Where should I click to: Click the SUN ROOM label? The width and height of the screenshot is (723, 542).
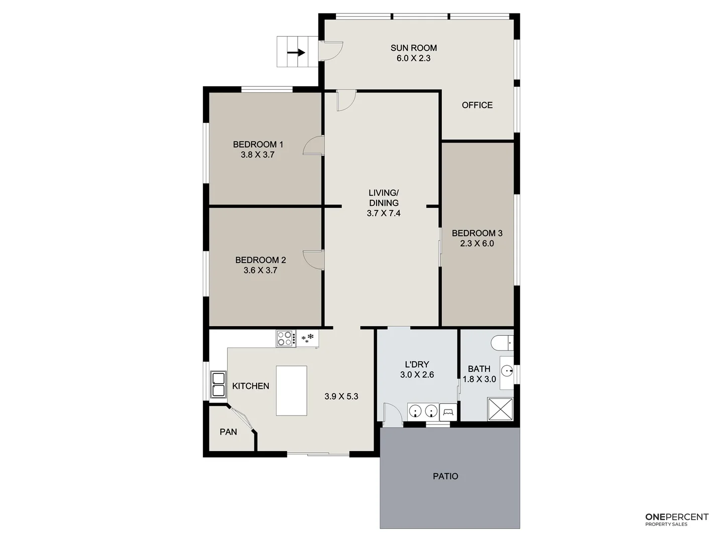pyautogui.click(x=413, y=48)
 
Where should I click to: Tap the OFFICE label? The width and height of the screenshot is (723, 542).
pyautogui.click(x=477, y=105)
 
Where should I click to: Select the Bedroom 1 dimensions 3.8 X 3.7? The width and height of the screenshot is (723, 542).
pyautogui.click(x=258, y=155)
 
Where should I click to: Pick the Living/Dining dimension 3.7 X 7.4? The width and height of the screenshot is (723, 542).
pyautogui.click(x=384, y=213)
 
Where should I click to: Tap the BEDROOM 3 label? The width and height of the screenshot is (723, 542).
pyautogui.click(x=477, y=233)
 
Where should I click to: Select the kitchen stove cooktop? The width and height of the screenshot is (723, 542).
pyautogui.click(x=285, y=338)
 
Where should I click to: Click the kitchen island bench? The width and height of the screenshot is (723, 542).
pyautogui.click(x=291, y=390)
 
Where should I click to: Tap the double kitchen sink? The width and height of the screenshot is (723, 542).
pyautogui.click(x=218, y=384)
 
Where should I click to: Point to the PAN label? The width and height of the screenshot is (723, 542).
pyautogui.click(x=228, y=432)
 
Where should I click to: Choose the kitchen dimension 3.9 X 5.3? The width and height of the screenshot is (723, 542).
pyautogui.click(x=341, y=396)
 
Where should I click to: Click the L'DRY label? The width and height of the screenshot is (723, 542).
pyautogui.click(x=417, y=364)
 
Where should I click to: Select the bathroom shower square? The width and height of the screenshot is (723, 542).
pyautogui.click(x=500, y=409)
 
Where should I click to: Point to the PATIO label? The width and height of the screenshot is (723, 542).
pyautogui.click(x=445, y=476)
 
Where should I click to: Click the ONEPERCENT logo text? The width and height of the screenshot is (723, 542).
pyautogui.click(x=676, y=517)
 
